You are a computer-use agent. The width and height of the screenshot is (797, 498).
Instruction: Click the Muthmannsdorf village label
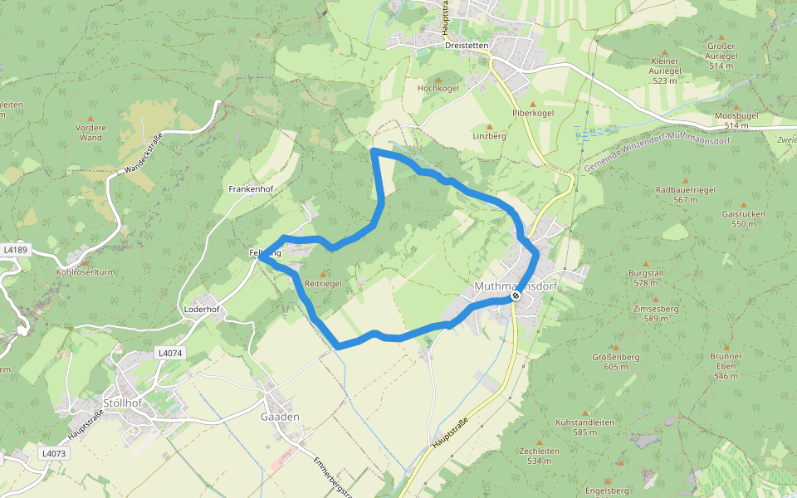pos(515,286)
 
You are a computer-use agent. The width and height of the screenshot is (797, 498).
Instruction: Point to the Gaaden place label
pos(280,417)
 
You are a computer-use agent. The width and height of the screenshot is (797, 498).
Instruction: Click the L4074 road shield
pos(169,354)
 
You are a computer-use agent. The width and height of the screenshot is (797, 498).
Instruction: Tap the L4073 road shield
pos(52,454)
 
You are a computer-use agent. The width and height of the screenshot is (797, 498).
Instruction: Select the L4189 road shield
pos(15,249)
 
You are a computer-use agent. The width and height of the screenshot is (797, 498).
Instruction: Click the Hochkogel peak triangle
pos(438,79)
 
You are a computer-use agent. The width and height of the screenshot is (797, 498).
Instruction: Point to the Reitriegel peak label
pos(323,284)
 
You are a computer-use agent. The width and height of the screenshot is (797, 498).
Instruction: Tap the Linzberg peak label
pos(489,135)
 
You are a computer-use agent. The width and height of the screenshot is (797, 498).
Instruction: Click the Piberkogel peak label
pos(533,112)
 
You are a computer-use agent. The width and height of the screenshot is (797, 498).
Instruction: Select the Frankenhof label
pos(251,189)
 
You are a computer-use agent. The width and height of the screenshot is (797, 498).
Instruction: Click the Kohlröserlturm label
pos(86,271)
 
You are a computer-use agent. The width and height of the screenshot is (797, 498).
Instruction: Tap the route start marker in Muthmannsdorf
pos(516,296)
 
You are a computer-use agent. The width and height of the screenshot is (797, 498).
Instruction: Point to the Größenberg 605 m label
pos(615,362)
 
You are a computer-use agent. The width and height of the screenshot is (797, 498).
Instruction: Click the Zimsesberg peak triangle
pos(656,299)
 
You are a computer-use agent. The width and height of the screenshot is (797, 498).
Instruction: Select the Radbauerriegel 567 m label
pos(686,194)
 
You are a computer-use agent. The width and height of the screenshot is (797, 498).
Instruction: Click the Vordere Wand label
pos(90,133)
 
